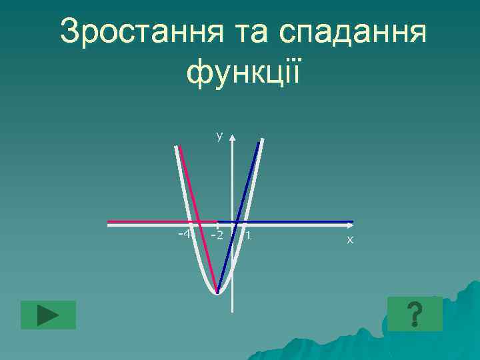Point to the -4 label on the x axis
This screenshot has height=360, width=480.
pos(184,234)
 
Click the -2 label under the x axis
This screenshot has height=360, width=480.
pos(215,236)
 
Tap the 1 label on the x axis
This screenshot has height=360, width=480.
pos(248,235)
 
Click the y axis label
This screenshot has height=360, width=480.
pos(219,137)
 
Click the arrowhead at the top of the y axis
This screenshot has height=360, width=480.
pos(233,138)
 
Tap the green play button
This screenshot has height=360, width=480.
pos(48,315)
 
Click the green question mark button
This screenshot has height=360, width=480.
pos(415,314)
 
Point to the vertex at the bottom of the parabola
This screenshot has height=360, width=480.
pos(217,292)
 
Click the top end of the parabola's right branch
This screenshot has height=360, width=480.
pos(261,140)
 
